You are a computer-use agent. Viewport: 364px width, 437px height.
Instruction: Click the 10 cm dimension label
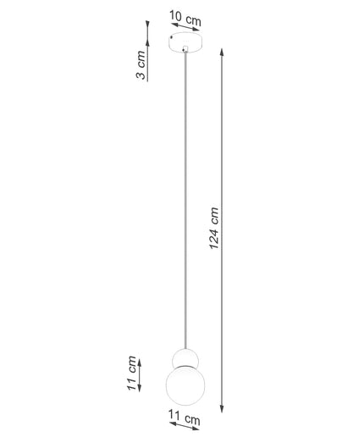[185, 19]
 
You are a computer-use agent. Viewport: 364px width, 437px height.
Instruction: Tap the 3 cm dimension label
[141, 65]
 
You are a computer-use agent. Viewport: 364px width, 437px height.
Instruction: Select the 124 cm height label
[214, 229]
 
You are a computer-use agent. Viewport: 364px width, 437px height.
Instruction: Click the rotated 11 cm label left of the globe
[132, 373]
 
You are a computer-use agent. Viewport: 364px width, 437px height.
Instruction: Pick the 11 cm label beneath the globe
[185, 418]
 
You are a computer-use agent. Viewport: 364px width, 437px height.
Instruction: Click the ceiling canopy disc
[185, 42]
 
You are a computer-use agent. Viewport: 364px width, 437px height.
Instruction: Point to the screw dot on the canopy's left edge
[171, 37]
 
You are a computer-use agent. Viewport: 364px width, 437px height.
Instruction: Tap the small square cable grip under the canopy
[185, 49]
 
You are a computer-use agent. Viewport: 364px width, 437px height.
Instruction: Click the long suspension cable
[185, 200]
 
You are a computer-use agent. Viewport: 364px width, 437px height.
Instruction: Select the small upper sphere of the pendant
[185, 357]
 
